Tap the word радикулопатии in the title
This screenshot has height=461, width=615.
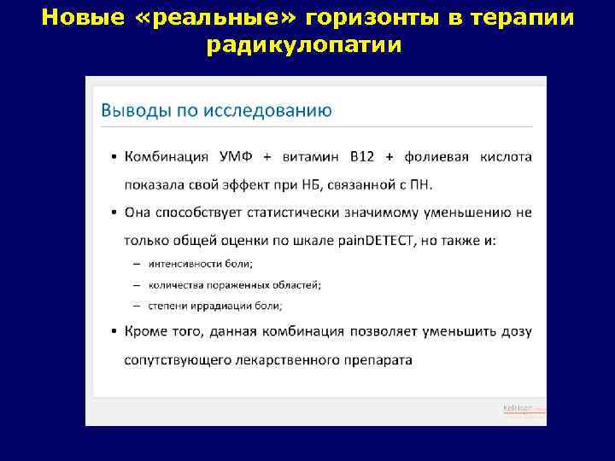tap(303, 44)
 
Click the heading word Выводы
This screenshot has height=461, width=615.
tap(131, 110)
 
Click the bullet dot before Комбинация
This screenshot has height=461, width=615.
tap(114, 158)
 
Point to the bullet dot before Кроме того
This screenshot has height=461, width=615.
tap(114, 331)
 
